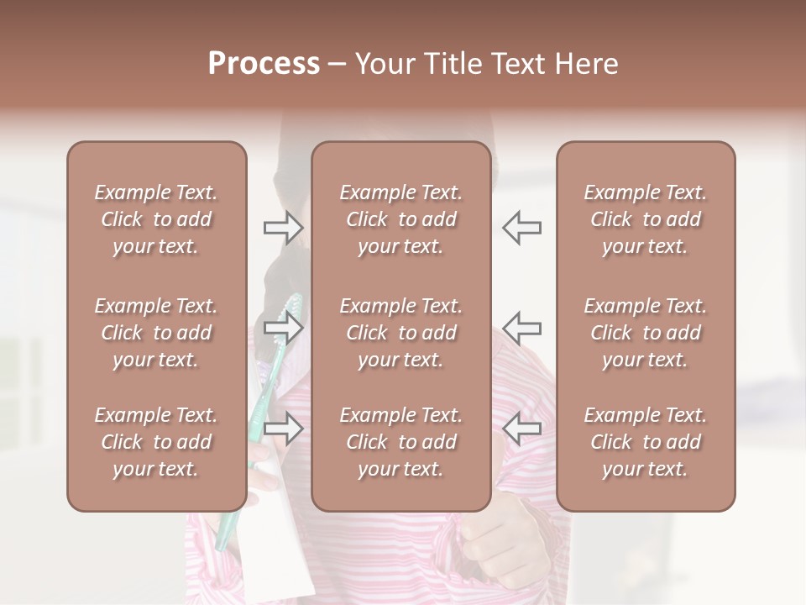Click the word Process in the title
point(264,63)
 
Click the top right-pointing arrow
point(283,228)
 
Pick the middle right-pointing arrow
point(283,327)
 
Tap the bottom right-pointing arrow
point(283,429)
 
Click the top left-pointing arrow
point(521,228)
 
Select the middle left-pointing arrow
point(521,327)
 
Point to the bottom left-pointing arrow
point(521,429)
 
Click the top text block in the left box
point(156,219)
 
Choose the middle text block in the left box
point(156,333)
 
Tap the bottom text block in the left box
point(156,442)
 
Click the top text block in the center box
point(400,219)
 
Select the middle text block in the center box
point(400,333)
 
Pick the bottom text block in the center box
point(400,442)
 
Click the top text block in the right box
point(645,219)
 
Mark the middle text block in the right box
point(645,333)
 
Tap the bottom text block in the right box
point(645,442)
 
